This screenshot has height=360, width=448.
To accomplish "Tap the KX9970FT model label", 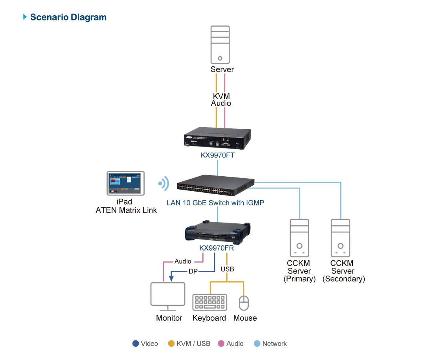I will coord(217,155).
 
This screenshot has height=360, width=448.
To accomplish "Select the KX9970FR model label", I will coord(217,248).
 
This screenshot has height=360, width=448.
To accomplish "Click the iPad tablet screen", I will coord(126,183).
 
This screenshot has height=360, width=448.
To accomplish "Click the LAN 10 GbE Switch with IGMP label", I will coord(215,203).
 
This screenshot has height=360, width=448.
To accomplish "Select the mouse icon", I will coord(244,303).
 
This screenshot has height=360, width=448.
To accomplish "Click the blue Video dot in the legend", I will coord(136,344).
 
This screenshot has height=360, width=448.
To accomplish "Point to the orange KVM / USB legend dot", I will coord(171,344).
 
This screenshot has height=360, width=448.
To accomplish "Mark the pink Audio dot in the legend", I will coord(221,344).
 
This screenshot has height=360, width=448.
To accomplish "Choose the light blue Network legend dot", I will coord(257,344).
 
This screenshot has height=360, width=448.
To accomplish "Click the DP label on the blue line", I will coord(193,271).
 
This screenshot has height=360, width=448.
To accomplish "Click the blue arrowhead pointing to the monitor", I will coord(171,278).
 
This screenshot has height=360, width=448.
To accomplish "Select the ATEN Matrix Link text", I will coord(126,210).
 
